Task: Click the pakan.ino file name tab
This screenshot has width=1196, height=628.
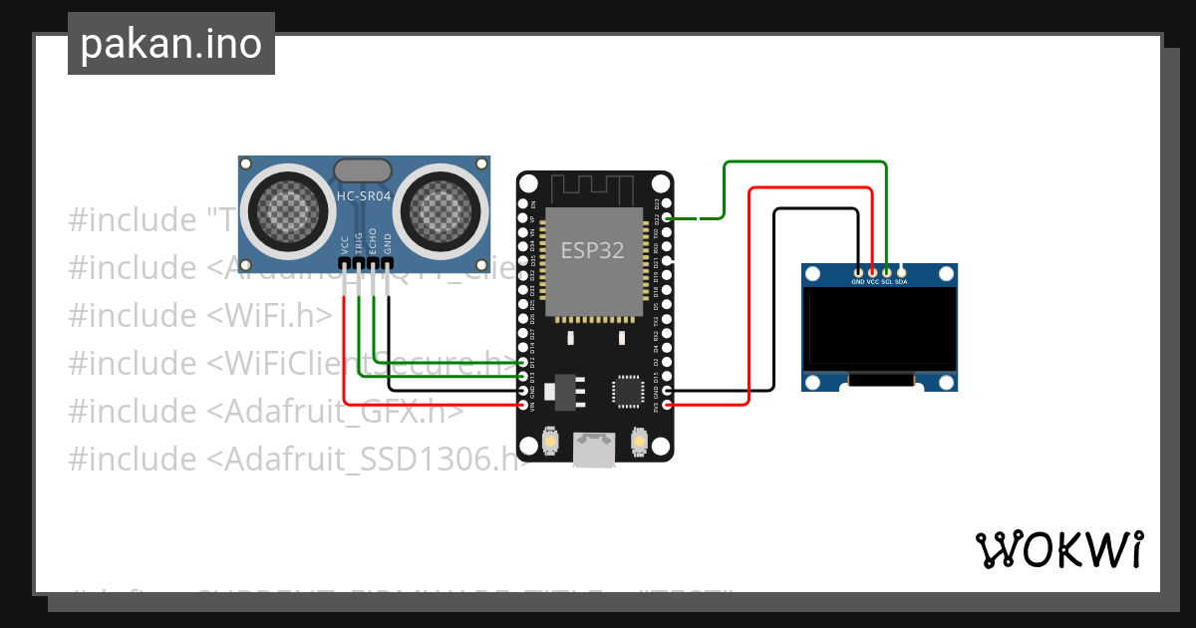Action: (170, 44)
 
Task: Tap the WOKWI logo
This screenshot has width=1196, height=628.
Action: (1058, 549)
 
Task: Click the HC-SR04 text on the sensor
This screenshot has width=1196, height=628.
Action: (364, 197)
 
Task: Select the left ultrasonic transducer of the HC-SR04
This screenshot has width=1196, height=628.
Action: (289, 209)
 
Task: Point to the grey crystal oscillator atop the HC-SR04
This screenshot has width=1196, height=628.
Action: (363, 170)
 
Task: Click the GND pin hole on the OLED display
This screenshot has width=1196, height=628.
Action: (858, 271)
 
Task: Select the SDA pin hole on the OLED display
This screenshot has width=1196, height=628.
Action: (901, 271)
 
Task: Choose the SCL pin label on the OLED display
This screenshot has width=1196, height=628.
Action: (886, 282)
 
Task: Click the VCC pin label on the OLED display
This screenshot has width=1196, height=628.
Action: (872, 282)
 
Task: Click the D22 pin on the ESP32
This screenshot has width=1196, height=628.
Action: (667, 217)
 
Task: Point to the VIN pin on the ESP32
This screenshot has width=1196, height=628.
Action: (523, 405)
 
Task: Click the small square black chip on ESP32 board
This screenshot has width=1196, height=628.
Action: (628, 391)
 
